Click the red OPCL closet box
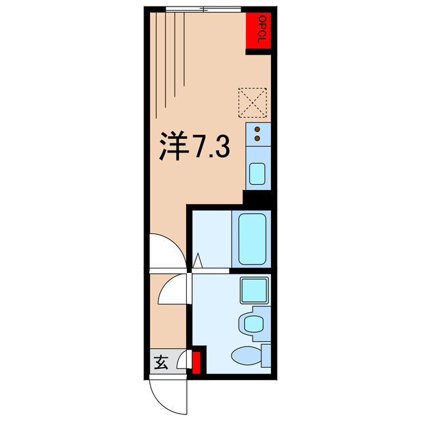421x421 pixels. (259, 31)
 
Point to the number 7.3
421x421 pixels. (210, 147)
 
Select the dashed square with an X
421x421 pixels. (253, 102)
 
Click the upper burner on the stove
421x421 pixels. (257, 129)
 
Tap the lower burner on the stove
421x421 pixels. (257, 139)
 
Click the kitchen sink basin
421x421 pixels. (257, 175)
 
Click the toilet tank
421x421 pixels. (266, 355)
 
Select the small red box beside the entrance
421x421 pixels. (197, 360)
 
